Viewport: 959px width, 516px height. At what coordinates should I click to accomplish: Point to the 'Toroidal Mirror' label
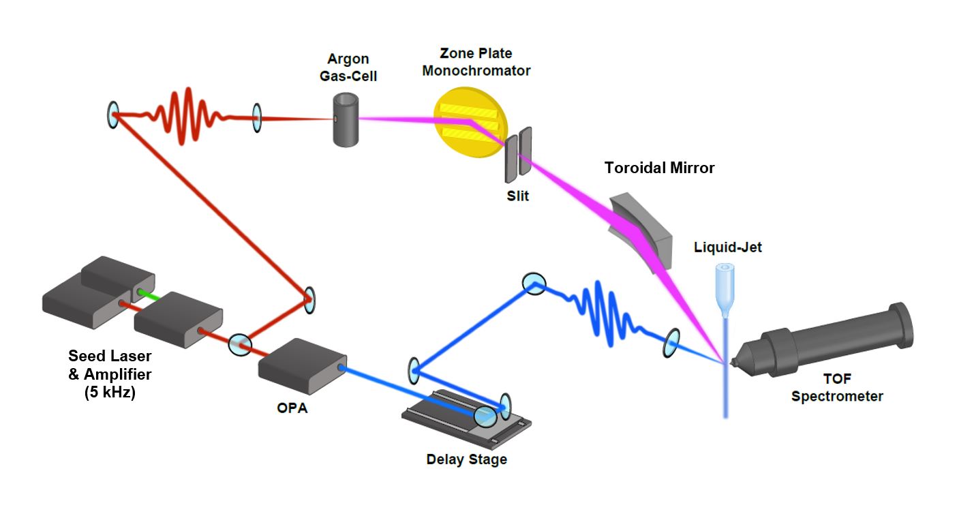[x=659, y=168]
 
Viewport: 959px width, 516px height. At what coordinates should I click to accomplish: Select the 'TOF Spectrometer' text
[x=837, y=389]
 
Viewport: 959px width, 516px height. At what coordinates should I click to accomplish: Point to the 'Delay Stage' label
[x=466, y=459]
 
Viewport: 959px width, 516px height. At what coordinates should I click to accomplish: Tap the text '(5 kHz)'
[x=110, y=393]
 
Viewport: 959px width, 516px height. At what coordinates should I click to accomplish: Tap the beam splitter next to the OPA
[x=239, y=344]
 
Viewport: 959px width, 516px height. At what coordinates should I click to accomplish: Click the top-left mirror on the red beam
[x=113, y=115]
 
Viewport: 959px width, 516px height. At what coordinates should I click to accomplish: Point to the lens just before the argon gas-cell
[x=257, y=117]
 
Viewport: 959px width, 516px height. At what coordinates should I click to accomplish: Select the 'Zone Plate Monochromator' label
[x=476, y=61]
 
